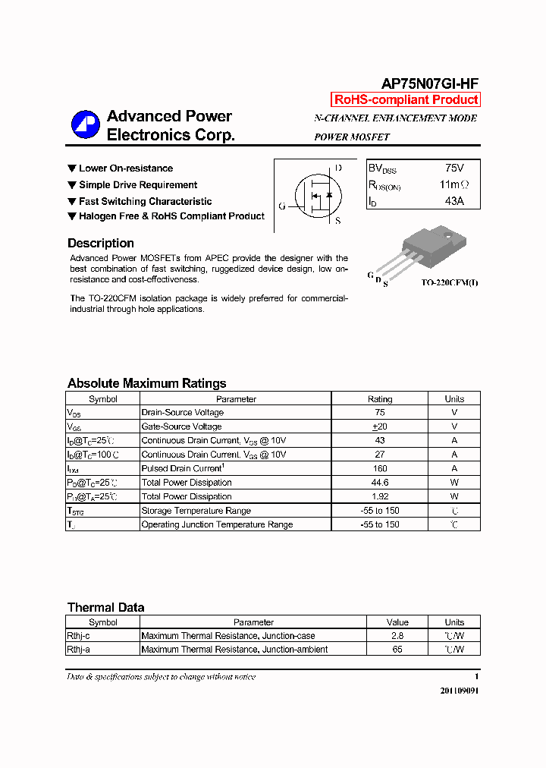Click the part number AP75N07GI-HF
[x=429, y=84]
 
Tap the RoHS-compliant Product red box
[x=406, y=99]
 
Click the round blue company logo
[x=85, y=125]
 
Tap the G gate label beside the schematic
[x=282, y=206]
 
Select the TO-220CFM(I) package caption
[x=450, y=283]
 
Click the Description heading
[x=101, y=244]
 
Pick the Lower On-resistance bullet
[x=125, y=168]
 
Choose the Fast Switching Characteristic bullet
[x=145, y=201]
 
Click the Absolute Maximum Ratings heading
[x=146, y=383]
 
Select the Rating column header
[x=380, y=399]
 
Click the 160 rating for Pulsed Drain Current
[x=380, y=468]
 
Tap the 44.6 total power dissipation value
[x=380, y=483]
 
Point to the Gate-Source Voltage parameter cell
[x=181, y=426]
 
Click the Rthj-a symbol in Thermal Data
[x=79, y=650]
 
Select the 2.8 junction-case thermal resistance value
[x=397, y=636]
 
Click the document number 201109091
[x=460, y=691]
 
